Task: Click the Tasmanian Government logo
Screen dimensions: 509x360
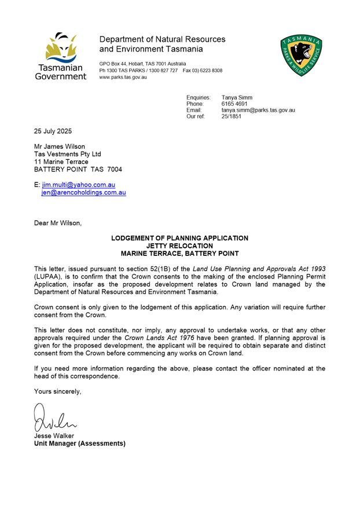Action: click(60, 56)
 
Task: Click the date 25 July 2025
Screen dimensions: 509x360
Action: click(53, 131)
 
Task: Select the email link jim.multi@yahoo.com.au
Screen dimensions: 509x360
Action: click(78, 185)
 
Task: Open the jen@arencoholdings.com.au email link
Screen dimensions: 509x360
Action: click(84, 192)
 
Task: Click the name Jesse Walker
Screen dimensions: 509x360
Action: click(54, 435)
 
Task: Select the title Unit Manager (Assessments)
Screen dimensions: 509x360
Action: click(79, 444)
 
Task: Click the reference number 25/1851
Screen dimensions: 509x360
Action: click(232, 116)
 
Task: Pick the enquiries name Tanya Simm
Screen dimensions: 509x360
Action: click(237, 97)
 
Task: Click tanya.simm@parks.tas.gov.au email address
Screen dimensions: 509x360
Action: click(258, 110)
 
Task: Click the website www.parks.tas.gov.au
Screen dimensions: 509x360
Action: click(123, 77)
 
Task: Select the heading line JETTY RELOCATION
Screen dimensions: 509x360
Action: click(180, 246)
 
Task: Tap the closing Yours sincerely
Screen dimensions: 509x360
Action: click(58, 391)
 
